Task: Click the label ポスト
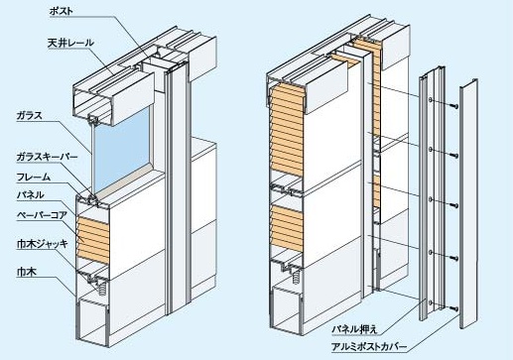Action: pos(61,11)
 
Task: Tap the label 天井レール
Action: pos(70,43)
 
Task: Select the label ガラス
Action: pos(30,116)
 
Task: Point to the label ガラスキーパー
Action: pos(47,157)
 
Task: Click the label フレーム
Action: pos(34,178)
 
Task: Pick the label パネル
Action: pos(31,195)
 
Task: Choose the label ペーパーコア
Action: pos(42,215)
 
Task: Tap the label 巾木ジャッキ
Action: pos(43,244)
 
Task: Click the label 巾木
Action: pos(27,272)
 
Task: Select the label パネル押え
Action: pos(354,329)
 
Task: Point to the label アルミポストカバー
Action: pos(369,347)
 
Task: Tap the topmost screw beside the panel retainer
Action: pos(454,106)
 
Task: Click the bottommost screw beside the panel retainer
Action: pos(454,308)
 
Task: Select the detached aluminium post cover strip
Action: pos(468,203)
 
